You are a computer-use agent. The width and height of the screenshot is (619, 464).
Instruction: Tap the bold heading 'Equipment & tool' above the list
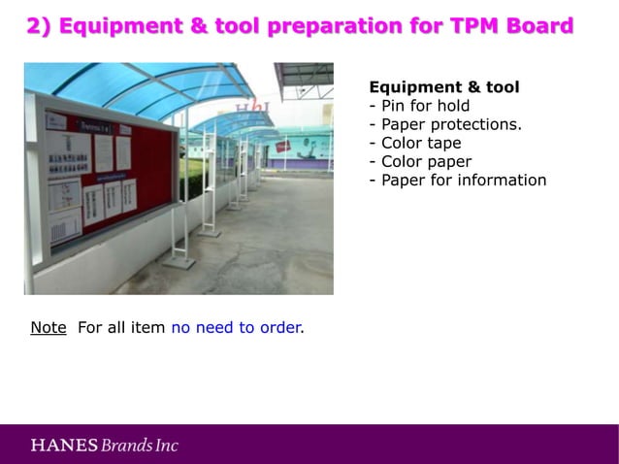tap(443, 87)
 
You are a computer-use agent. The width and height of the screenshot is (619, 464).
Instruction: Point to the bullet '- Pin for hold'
tap(419, 106)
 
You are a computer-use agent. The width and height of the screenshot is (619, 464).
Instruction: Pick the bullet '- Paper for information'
tap(457, 180)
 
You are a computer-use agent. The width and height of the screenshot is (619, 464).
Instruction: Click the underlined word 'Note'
tap(48, 327)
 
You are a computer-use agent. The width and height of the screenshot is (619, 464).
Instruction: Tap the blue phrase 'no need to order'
tap(236, 327)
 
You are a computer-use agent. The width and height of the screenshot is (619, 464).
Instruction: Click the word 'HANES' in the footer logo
tap(64, 446)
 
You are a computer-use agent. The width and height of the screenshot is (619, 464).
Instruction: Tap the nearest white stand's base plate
tap(179, 261)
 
